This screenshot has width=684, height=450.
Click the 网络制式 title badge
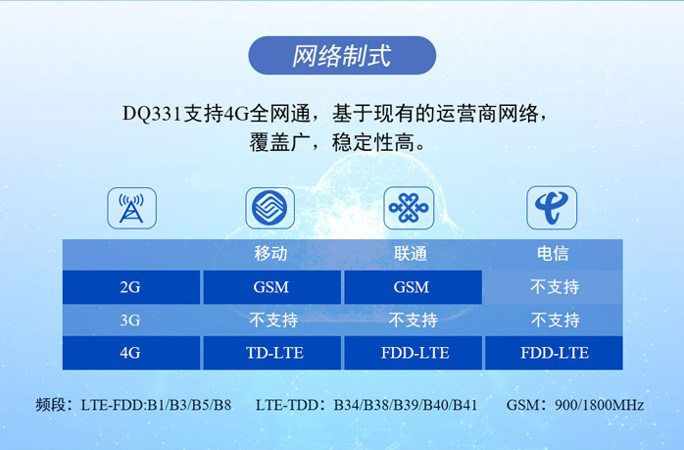(x=342, y=56)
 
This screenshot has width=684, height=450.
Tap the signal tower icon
(x=131, y=208)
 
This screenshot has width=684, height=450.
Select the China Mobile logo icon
(x=270, y=208)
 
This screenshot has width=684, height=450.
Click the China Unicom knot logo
(x=409, y=208)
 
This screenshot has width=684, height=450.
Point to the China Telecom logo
(x=552, y=208)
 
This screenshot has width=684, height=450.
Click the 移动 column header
(x=270, y=254)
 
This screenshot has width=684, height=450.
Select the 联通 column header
(x=411, y=254)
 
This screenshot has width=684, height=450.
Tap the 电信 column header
(x=553, y=253)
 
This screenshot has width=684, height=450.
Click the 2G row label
(x=131, y=287)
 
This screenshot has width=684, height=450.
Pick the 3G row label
(x=130, y=321)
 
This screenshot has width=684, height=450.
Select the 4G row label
(x=131, y=353)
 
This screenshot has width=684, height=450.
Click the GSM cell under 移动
(x=271, y=287)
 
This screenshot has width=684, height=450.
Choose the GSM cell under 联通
(x=414, y=287)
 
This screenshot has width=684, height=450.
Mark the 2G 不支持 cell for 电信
(x=555, y=287)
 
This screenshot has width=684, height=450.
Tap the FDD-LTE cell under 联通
(x=414, y=353)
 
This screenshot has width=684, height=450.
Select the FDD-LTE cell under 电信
(x=554, y=353)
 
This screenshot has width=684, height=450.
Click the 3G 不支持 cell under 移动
(x=273, y=321)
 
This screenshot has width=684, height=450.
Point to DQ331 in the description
(x=151, y=114)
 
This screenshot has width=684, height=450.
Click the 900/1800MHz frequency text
(x=599, y=405)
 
